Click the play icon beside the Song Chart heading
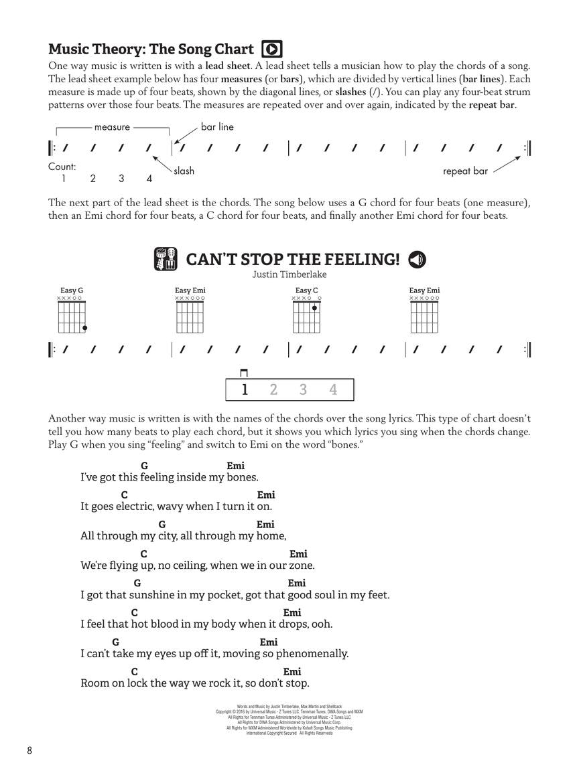272,49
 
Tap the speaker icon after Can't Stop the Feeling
417,259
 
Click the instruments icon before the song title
165,259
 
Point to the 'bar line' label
217,126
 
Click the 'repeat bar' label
465,171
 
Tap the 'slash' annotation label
184,171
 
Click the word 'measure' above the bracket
112,126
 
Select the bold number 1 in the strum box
245,390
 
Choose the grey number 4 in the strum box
333,390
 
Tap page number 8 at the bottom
29,750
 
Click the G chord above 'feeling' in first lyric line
144,466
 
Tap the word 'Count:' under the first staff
62,166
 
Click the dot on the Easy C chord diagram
314,308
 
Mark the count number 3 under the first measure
121,179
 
